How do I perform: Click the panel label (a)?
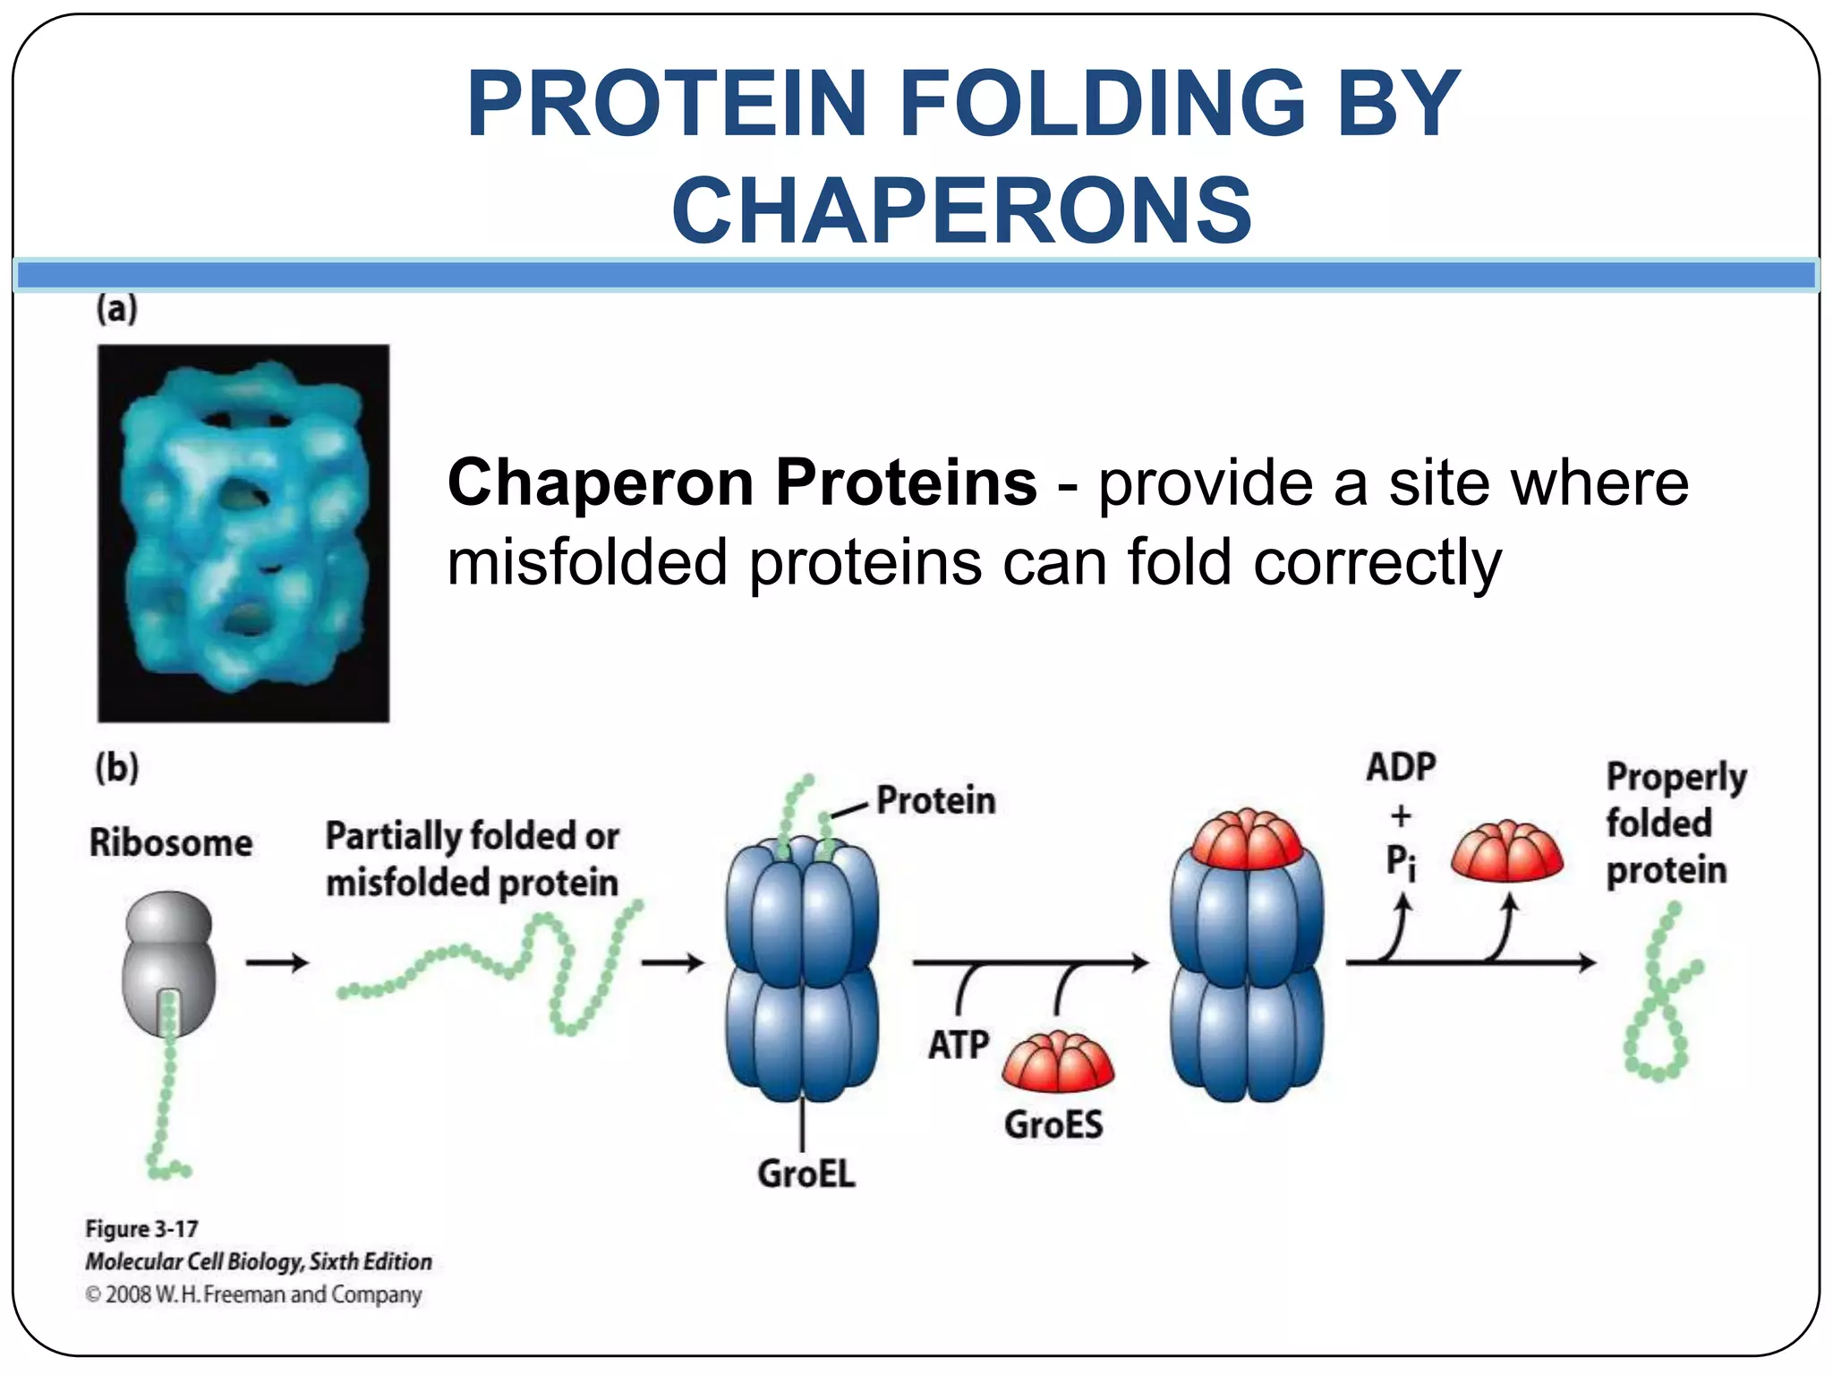click(117, 309)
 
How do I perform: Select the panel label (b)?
click(117, 768)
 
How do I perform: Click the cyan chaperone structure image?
click(243, 534)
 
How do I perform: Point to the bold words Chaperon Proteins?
click(742, 483)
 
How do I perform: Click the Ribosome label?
click(171, 843)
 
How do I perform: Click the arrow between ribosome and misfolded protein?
click(277, 963)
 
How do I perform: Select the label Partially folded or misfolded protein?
click(472, 859)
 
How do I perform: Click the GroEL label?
click(806, 1174)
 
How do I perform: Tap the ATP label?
click(959, 1045)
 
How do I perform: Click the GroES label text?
click(1053, 1125)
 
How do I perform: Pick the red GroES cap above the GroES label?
click(1058, 1063)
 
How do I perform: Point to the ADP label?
click(1401, 768)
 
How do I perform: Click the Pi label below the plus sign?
click(1401, 863)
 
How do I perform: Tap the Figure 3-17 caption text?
click(141, 1229)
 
